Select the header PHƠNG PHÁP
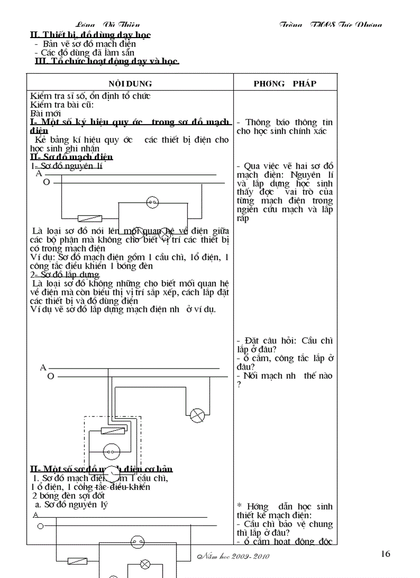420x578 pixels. tap(285, 83)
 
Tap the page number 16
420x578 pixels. tap(386, 554)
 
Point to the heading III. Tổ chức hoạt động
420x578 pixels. tap(107, 61)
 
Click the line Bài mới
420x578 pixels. tap(45, 113)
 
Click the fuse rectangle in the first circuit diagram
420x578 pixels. tap(89, 218)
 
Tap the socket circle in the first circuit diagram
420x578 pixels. tap(152, 202)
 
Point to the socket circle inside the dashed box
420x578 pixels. tap(111, 452)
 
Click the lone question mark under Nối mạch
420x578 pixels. tap(239, 384)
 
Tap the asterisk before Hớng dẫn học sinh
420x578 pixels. tap(239, 506)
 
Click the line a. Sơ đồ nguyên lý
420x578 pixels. tap(68, 504)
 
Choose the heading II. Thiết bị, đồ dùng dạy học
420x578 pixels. tap(91, 35)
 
